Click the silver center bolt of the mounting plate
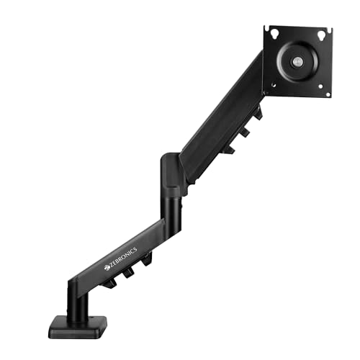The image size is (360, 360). [x=297, y=62]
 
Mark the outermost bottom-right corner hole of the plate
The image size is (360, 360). [x=328, y=93]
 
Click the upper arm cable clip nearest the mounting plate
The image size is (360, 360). [x=257, y=113]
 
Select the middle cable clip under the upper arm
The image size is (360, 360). [x=244, y=131]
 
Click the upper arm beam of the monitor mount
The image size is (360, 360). [x=220, y=122]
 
